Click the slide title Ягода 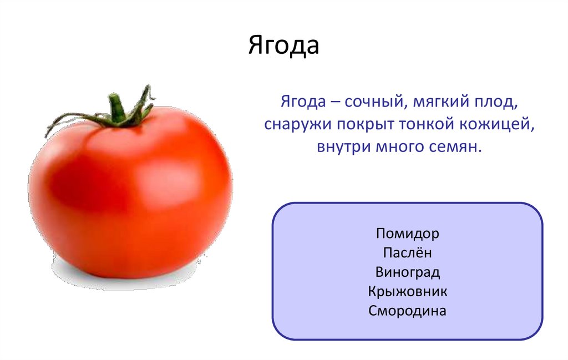click(283, 47)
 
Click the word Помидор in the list click(407, 234)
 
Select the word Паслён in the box click(407, 253)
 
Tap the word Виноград click(407, 272)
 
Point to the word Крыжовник click(407, 291)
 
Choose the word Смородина click(407, 311)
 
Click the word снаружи click(297, 125)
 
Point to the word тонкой click(425, 125)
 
